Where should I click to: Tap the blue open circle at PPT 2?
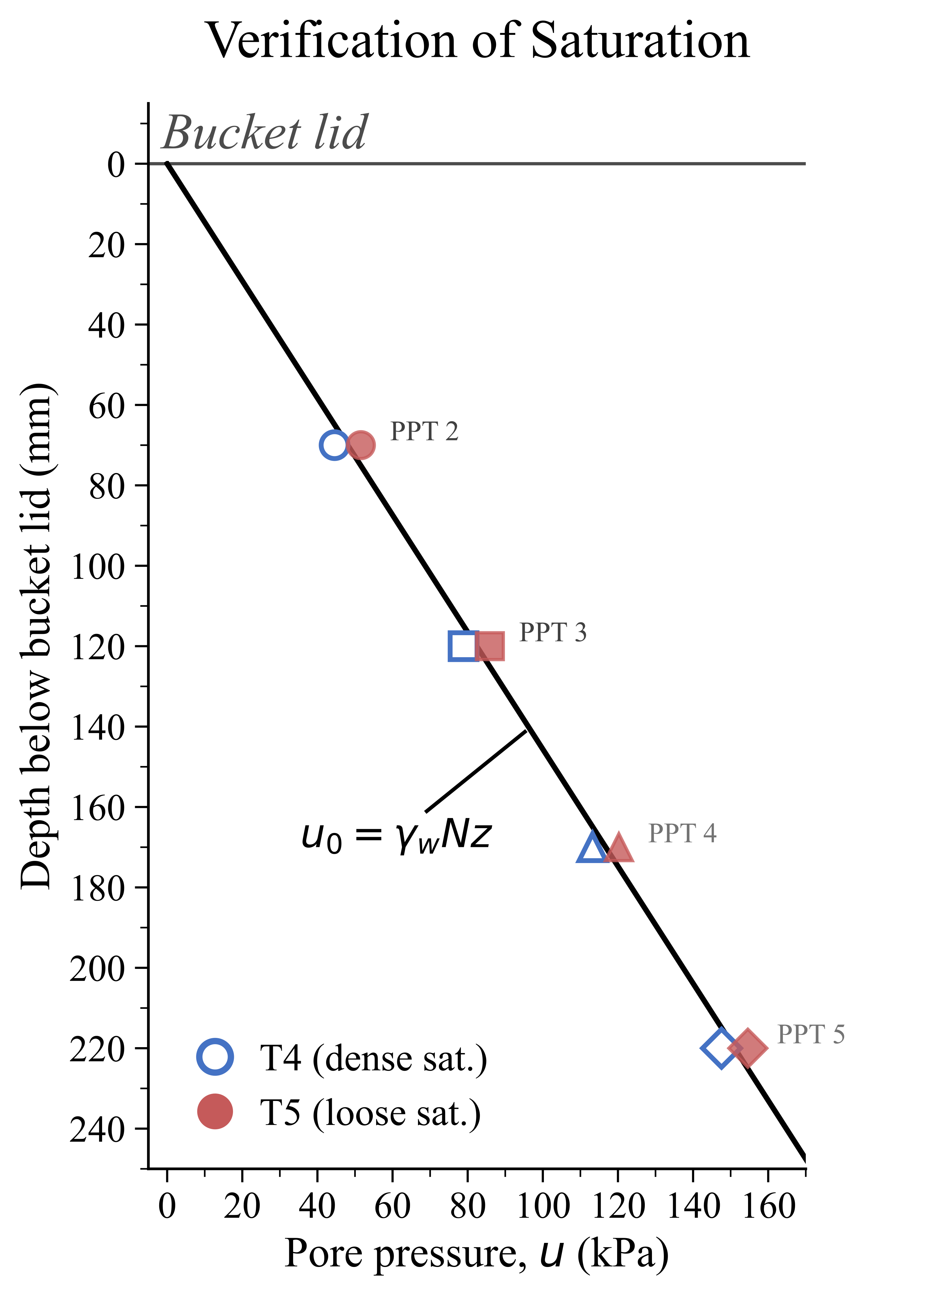334,445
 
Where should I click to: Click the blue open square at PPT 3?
463,646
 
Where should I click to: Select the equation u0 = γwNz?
396,837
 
